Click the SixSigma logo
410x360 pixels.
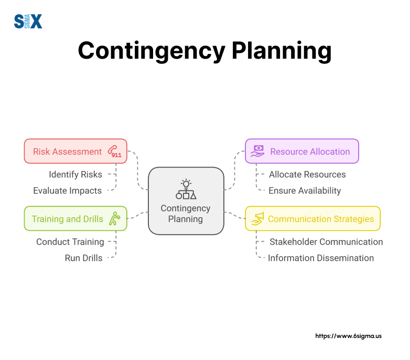[x=28, y=21]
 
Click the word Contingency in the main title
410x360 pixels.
[x=149, y=51]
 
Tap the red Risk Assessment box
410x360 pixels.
[x=75, y=151]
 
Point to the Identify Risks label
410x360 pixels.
[x=75, y=174]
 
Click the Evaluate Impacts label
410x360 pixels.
[x=67, y=191]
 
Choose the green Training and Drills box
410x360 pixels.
[x=75, y=219]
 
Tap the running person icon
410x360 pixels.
[x=114, y=219]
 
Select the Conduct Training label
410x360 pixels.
[x=70, y=242]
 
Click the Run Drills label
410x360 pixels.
[x=84, y=258]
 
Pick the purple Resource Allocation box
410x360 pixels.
[x=302, y=151]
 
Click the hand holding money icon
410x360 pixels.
[x=258, y=151]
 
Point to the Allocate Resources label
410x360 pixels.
[x=307, y=174]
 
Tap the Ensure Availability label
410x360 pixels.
[x=305, y=191]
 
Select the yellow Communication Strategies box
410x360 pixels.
[x=312, y=219]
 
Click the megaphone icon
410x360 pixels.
[x=257, y=219]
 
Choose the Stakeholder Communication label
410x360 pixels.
[x=326, y=242]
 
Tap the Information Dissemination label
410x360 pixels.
[x=321, y=258]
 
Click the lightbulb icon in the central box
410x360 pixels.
[x=186, y=184]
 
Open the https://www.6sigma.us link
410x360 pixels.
[x=348, y=336]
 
